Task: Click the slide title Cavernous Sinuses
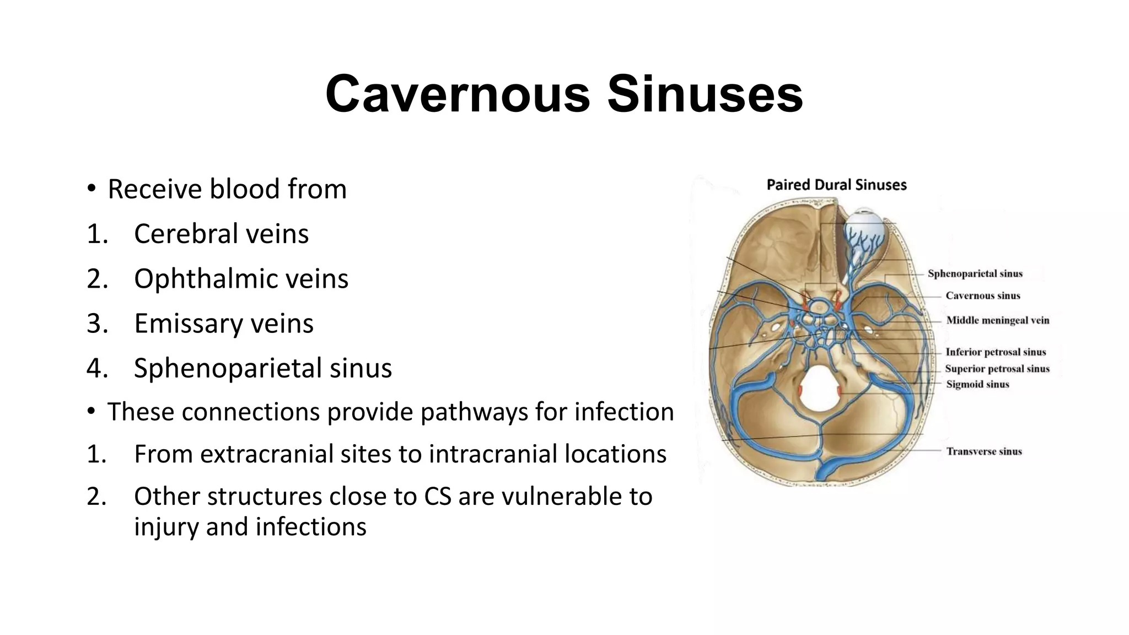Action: [x=564, y=94]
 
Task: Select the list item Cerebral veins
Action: [x=221, y=234]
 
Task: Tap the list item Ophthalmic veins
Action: [x=241, y=278]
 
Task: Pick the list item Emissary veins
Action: [x=223, y=323]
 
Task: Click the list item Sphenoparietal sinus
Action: [x=262, y=368]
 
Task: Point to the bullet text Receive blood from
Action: [x=227, y=189]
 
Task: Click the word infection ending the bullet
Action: [x=624, y=412]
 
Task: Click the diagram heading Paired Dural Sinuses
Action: [x=836, y=185]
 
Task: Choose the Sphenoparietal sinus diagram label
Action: [x=975, y=273]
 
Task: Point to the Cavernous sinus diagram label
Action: [x=982, y=295]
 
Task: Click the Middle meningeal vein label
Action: [x=997, y=320]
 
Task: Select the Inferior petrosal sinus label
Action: [x=995, y=352]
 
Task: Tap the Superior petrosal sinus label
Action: [x=997, y=369]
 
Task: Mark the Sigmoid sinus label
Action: [x=977, y=384]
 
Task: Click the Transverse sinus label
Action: [x=983, y=451]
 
